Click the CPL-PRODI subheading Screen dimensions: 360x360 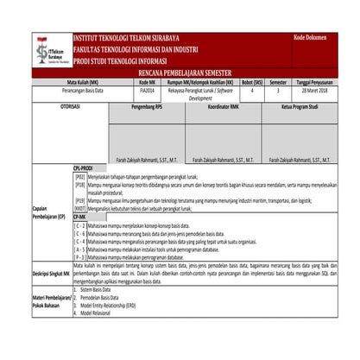85,168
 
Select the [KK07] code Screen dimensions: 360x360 80,208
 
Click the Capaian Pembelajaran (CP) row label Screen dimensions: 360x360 48,212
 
